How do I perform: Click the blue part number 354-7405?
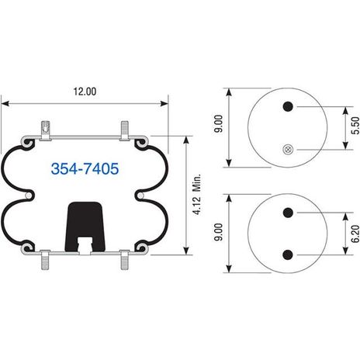[x=85, y=168]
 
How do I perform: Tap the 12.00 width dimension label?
[x=85, y=92]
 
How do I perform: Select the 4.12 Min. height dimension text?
[x=197, y=194]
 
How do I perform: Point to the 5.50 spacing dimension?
[x=355, y=126]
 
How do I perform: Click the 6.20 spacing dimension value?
[x=355, y=234]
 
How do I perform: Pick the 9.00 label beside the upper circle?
[x=219, y=124]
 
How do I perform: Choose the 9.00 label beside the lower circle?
[x=219, y=232]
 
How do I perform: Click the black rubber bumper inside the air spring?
[x=85, y=227]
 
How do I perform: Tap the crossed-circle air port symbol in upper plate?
[x=288, y=150]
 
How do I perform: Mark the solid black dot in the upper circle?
[x=288, y=106]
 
